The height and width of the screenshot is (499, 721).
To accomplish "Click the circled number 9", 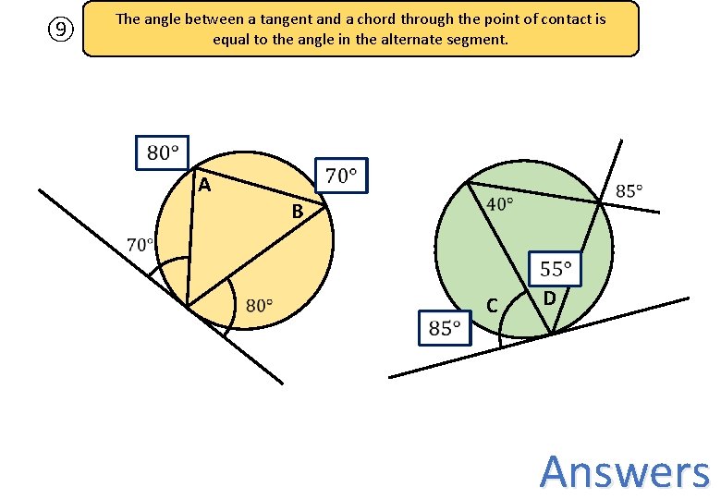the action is click(x=60, y=30).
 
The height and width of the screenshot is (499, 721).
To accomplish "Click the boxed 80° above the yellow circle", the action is click(x=163, y=152).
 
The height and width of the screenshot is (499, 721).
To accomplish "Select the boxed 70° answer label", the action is click(x=341, y=175).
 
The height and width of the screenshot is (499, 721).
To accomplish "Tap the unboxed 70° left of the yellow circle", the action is click(x=141, y=245).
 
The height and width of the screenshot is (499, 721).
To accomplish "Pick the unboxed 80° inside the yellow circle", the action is click(x=260, y=306).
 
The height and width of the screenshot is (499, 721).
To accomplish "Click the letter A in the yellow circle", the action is click(x=205, y=186).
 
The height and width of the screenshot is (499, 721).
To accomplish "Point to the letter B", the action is click(x=297, y=213).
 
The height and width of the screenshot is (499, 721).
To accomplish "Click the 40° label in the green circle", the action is click(x=500, y=203).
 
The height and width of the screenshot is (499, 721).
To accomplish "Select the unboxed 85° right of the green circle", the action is click(x=629, y=191).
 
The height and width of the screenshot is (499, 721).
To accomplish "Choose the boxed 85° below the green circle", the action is click(x=445, y=327).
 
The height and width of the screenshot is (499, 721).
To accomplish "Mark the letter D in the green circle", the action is click(x=549, y=298).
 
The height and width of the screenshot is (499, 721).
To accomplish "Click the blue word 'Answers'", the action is click(x=625, y=471).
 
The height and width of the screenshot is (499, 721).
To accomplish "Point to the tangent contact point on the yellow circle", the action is click(x=187, y=306).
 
